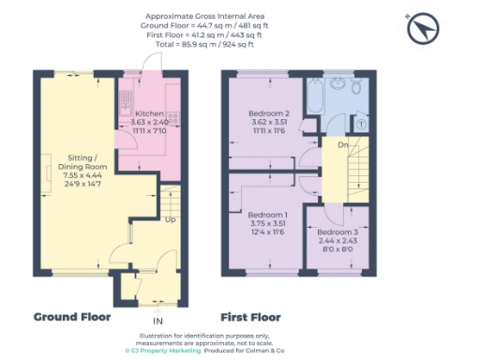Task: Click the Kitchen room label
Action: [x=138, y=113]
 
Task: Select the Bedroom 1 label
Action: [x=265, y=215]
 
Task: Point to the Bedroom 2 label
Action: [x=265, y=113]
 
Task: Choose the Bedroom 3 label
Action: [x=337, y=232]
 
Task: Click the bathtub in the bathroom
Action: [x=315, y=94]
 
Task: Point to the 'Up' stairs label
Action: [x=169, y=220]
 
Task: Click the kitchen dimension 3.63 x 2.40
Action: [x=138, y=121]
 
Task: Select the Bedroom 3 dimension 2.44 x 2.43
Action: [x=337, y=240]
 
